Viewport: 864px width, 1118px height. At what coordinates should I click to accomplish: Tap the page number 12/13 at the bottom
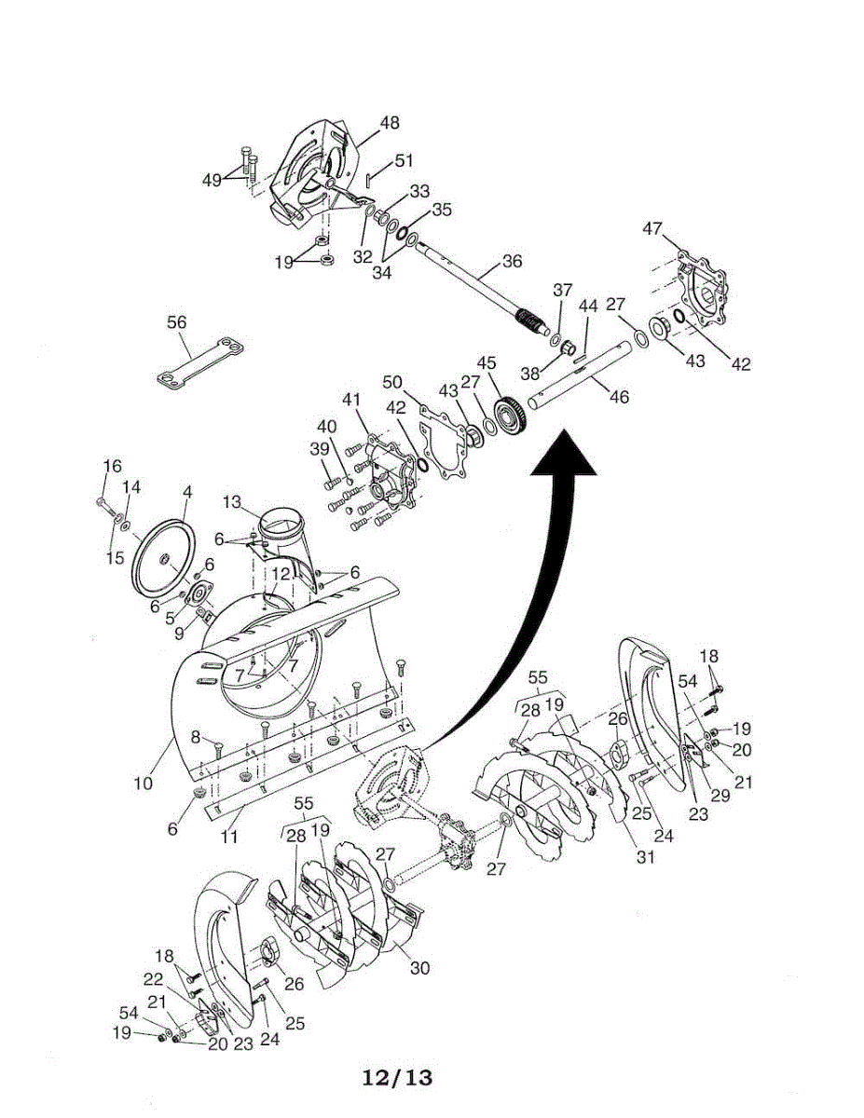(398, 1078)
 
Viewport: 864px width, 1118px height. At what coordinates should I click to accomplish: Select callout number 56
(176, 322)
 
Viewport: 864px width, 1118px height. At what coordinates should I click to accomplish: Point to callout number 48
(390, 122)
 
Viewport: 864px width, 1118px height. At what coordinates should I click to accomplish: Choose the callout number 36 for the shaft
(513, 262)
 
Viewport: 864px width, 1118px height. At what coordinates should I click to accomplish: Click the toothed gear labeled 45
(509, 416)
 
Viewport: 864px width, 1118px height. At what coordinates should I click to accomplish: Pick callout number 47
(653, 227)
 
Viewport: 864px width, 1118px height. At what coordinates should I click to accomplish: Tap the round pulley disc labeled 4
(164, 559)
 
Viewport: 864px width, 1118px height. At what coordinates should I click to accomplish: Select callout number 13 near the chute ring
(232, 503)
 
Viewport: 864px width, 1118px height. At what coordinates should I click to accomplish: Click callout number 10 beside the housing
(144, 784)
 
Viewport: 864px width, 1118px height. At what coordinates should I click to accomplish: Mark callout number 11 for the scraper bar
(229, 837)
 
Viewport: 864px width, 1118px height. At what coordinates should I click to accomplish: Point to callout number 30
(419, 968)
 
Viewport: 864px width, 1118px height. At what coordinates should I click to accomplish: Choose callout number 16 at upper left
(112, 467)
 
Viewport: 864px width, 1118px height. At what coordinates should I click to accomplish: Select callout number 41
(350, 400)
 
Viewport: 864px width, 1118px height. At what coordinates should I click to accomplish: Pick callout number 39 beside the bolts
(319, 448)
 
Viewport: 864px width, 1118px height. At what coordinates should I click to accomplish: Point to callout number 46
(619, 397)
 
